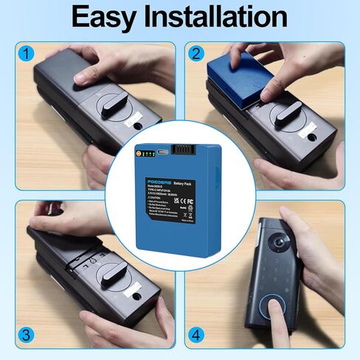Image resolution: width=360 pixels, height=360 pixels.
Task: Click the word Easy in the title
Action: click(x=111, y=18)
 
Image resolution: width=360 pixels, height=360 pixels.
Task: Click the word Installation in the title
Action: click(x=221, y=18)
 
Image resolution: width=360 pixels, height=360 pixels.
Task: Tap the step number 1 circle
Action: click(x=27, y=54)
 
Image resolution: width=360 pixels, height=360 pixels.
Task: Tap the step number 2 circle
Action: click(x=196, y=54)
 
